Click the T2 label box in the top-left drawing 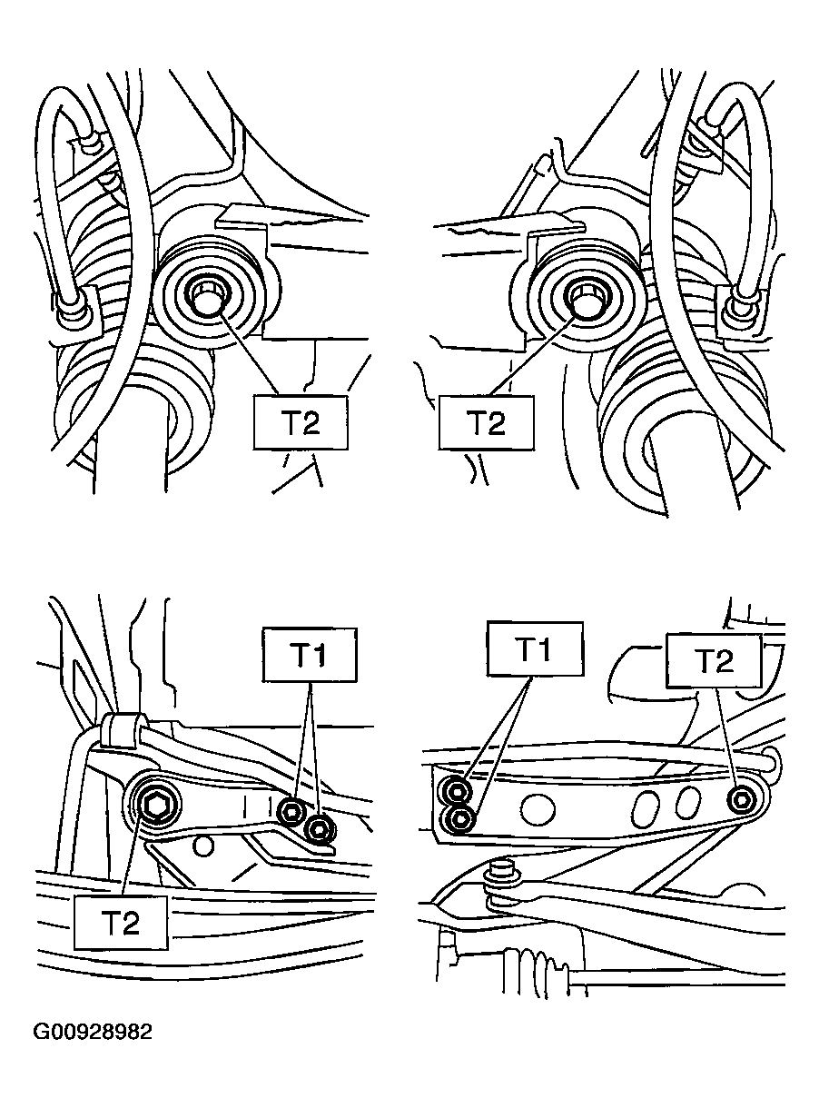[301, 422]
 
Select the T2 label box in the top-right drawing [487, 422]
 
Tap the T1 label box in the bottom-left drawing [310, 655]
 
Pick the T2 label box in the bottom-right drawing [714, 660]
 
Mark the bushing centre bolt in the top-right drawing [588, 299]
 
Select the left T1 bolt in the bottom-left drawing [291, 811]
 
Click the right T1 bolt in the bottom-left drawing [320, 830]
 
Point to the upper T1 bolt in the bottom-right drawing [458, 792]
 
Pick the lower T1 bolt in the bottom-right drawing [460, 819]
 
